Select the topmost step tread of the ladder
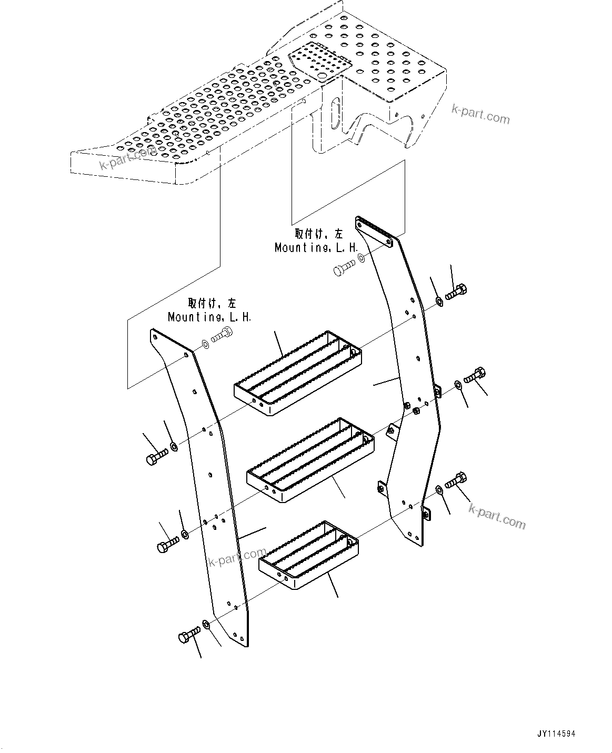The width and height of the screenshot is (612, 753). click(x=298, y=373)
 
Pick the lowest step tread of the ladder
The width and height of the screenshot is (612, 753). click(x=308, y=552)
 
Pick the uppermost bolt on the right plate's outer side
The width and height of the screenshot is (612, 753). click(x=456, y=292)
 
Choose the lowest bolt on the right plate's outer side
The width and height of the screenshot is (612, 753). click(x=455, y=480)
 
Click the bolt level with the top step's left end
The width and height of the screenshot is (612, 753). click(x=156, y=456)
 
